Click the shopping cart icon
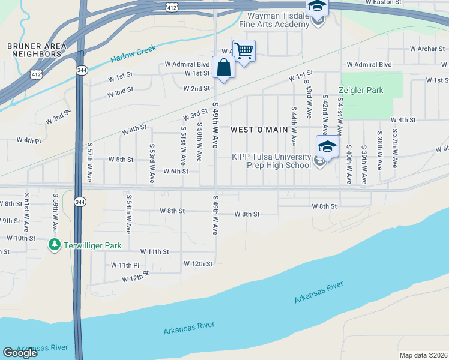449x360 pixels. pos(244,50)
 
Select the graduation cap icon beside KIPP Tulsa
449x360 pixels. pos(327,146)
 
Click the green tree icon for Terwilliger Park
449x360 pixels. pos(55,245)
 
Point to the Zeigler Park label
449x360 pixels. pos(360,90)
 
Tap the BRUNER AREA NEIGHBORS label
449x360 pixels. pos(34,50)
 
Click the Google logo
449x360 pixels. pos(20,352)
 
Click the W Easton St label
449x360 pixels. pos(384,3)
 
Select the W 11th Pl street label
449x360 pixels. pos(125,265)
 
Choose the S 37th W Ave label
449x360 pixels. pos(394,148)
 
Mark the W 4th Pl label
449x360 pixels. pos(29,140)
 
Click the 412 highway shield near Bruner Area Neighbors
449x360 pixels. pos(37,74)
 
